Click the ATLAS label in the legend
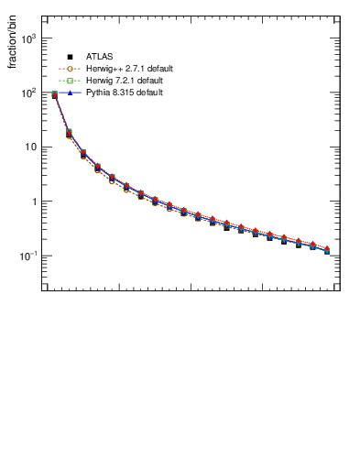[98, 57]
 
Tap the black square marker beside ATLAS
[70, 57]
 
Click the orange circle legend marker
[70, 69]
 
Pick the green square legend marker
[70, 81]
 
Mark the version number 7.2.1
[125, 81]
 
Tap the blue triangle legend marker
[70, 93]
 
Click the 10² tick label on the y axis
[29, 93]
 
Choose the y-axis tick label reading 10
[32, 147]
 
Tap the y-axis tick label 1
[35, 202]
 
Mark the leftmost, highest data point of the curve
[55, 93]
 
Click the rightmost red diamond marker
[327, 248]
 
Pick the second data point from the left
[70, 133]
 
